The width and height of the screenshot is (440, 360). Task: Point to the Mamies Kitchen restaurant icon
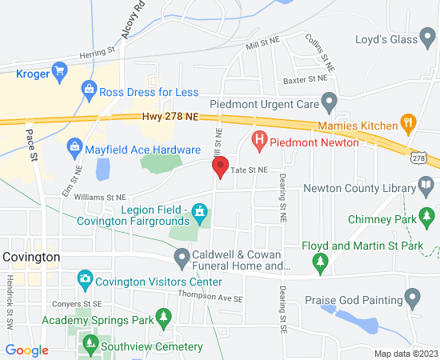pos(408,125)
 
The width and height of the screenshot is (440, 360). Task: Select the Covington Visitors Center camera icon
pos(84,281)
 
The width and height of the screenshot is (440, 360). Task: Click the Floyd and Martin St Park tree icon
pos(320,261)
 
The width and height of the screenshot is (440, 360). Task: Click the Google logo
pos(26,350)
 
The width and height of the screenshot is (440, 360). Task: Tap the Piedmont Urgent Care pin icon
pos(327,103)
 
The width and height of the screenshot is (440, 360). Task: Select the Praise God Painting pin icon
pos(413,301)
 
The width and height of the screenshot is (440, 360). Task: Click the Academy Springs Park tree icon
pos(164,318)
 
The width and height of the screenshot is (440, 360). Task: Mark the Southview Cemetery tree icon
pos(89,346)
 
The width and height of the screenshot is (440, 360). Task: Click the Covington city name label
pos(31,257)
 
